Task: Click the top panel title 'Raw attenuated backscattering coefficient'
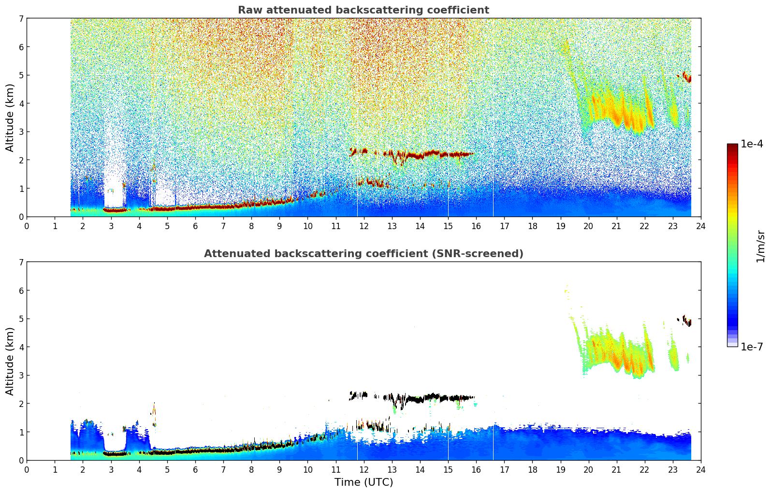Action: click(363, 10)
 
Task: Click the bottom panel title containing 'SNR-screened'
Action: click(363, 254)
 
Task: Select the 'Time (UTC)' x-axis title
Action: click(364, 482)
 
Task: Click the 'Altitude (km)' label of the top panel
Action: click(10, 117)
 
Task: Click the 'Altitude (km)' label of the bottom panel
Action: click(10, 361)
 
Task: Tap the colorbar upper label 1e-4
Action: click(752, 144)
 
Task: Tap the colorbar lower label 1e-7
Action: click(752, 347)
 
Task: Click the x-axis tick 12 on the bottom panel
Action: click(364, 470)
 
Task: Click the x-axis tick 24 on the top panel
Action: click(700, 226)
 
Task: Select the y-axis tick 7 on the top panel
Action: click(21, 18)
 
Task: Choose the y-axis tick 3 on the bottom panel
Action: click(21, 375)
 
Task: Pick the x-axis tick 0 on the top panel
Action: click(27, 226)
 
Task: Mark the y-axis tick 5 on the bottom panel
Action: click(21, 319)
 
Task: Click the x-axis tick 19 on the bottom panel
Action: click(560, 470)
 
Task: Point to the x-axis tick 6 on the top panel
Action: click(195, 226)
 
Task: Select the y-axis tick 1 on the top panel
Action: click(21, 188)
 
